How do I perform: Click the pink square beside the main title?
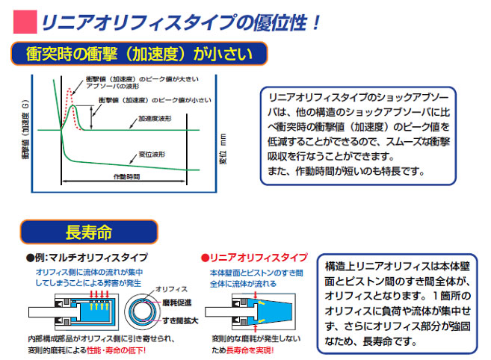(25, 22)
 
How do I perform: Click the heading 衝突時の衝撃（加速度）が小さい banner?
(139, 54)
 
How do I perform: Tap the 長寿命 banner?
(89, 232)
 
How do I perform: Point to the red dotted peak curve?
(72, 107)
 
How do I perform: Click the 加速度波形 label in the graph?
(155, 119)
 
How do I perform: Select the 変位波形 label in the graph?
(152, 155)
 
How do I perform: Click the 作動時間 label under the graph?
(126, 177)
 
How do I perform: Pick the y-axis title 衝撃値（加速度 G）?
(25, 129)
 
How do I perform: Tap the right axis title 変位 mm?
(222, 149)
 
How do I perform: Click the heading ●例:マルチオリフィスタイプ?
(87, 258)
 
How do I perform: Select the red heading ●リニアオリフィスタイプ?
(254, 258)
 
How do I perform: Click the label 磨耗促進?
(176, 302)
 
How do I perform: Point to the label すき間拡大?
(180, 320)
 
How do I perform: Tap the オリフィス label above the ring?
(171, 289)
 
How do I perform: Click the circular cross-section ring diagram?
(141, 311)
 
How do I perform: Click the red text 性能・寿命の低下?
(116, 350)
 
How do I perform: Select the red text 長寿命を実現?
(250, 350)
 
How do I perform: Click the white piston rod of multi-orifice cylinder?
(52, 312)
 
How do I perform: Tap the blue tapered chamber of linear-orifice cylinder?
(271, 311)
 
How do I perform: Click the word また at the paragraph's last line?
(274, 171)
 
